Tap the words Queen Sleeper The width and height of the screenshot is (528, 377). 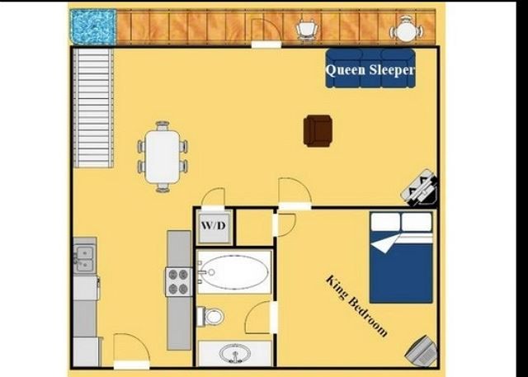[370, 71]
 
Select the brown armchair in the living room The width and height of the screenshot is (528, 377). [318, 130]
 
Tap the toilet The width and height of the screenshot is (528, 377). [210, 316]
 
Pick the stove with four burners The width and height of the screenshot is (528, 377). [179, 282]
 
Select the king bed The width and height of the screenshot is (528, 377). [401, 257]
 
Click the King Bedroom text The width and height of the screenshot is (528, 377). [356, 305]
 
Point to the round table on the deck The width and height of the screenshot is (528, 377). [406, 31]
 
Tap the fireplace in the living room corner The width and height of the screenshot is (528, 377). [420, 189]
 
